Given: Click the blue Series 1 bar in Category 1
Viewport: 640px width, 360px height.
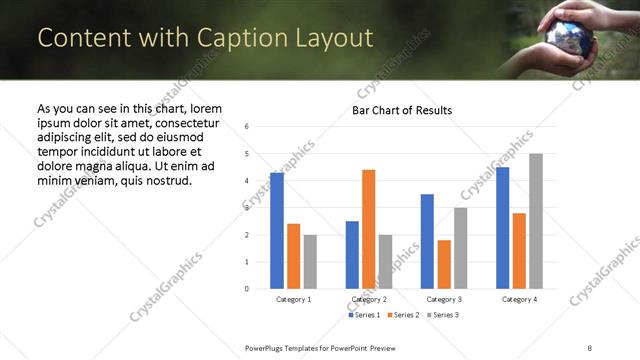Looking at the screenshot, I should [277, 231].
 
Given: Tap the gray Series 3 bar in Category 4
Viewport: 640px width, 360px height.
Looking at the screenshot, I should [536, 221].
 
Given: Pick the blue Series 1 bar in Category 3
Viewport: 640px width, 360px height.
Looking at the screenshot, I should [427, 241].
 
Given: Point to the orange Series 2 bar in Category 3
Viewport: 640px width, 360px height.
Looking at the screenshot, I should [444, 264].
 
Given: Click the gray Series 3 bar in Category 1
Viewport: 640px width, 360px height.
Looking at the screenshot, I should [310, 262].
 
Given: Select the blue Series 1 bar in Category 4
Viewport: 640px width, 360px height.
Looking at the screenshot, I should [502, 228].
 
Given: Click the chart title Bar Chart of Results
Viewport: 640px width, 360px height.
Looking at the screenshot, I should [402, 110].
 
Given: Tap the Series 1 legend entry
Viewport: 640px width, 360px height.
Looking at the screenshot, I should [364, 315].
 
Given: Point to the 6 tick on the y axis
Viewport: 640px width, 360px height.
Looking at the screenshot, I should [247, 127].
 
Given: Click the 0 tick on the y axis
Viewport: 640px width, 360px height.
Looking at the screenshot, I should [247, 289].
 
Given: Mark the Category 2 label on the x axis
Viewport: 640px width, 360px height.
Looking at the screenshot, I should [368, 299].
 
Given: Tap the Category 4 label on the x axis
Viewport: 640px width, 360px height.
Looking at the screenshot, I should [519, 299].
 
